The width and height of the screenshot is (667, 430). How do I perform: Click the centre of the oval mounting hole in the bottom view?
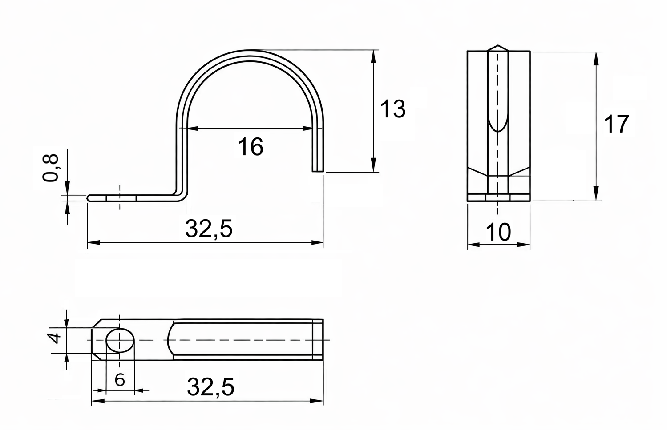coord(120,341)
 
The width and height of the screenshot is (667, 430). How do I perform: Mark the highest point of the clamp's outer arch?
coord(250,50)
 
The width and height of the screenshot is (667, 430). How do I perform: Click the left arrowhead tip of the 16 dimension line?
coord(188,129)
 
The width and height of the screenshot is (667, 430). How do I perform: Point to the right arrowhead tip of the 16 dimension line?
coord(312,129)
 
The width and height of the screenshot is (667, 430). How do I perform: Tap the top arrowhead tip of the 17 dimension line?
coord(596,52)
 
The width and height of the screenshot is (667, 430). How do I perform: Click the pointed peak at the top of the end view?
coord(498,45)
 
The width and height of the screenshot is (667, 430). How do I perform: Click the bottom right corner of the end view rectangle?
coord(530,201)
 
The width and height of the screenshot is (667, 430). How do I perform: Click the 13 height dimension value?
coord(393,109)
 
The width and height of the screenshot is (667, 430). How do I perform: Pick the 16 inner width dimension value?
coord(251,147)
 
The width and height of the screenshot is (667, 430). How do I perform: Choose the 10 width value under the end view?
coord(498,232)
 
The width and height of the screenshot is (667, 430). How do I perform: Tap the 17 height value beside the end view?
coord(616,124)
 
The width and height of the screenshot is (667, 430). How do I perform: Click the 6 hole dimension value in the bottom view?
coord(120,380)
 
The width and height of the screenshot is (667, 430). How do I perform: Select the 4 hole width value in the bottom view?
coord(55,338)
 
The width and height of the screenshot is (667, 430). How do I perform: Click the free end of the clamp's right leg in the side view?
coord(318,171)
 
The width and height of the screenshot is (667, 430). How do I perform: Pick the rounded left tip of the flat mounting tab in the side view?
coord(88,198)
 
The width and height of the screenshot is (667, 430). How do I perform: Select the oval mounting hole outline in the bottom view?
coord(120,341)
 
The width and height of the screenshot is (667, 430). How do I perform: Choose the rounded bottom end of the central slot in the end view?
coord(498,130)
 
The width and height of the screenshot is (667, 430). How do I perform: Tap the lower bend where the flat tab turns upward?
coord(181,197)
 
